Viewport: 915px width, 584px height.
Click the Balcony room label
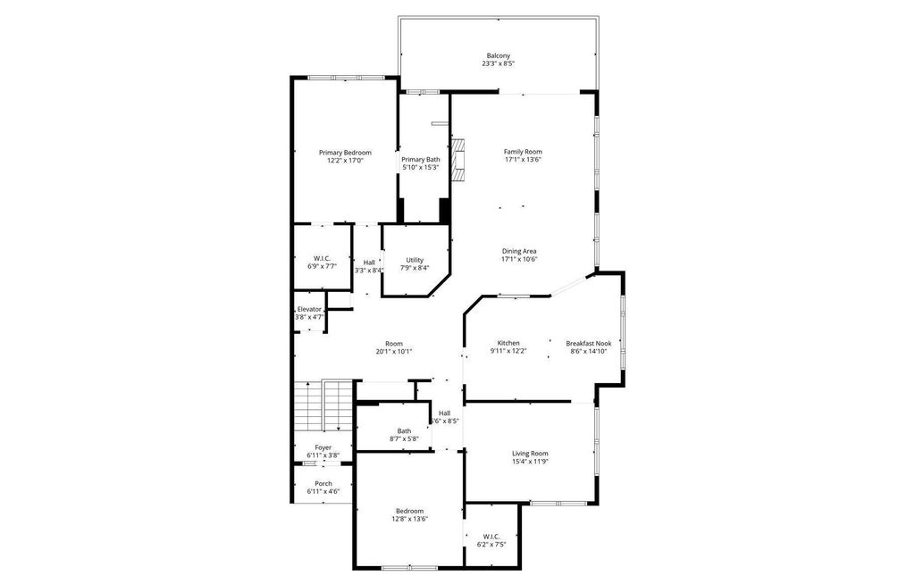pyautogui.click(x=499, y=56)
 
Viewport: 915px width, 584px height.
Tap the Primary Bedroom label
pyautogui.click(x=345, y=153)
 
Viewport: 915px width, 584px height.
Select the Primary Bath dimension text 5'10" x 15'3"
pyautogui.click(x=421, y=168)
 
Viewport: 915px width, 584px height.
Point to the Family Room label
pyautogui.click(x=523, y=152)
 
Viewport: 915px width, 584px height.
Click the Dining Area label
pyautogui.click(x=519, y=252)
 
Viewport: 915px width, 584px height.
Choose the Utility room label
pyautogui.click(x=415, y=260)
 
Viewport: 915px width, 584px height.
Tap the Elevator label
pyautogui.click(x=309, y=309)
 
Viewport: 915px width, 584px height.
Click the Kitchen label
pyautogui.click(x=508, y=343)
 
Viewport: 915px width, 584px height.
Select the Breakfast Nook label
pyautogui.click(x=589, y=344)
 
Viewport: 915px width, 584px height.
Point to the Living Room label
pyautogui.click(x=531, y=454)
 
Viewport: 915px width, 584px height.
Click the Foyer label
pyautogui.click(x=323, y=448)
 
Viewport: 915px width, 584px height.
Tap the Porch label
pyautogui.click(x=323, y=484)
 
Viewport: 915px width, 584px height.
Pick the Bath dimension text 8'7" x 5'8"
pyautogui.click(x=404, y=438)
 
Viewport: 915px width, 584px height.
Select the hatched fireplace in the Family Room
pyautogui.click(x=459, y=161)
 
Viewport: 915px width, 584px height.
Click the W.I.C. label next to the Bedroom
pyautogui.click(x=491, y=537)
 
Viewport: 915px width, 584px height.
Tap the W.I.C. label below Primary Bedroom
pyautogui.click(x=322, y=258)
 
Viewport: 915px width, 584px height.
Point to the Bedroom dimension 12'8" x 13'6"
pyautogui.click(x=409, y=518)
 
